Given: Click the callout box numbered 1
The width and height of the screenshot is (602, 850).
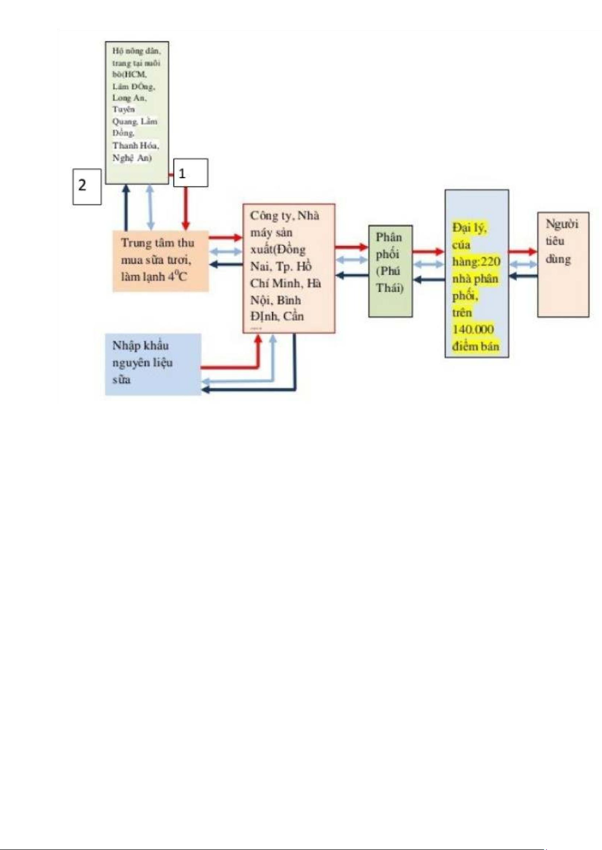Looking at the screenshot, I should point(190,173).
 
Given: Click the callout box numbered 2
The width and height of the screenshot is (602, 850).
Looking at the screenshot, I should point(87,186).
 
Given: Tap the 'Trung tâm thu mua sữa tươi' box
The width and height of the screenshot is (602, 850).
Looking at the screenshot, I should point(160,261).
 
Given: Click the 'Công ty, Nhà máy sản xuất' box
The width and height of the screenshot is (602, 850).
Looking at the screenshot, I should point(288,268).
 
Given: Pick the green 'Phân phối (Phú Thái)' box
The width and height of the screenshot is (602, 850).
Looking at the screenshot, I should point(390,271).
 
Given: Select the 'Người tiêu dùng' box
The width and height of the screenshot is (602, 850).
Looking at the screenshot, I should point(563,264).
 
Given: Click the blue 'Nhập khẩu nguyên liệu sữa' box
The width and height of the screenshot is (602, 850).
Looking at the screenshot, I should point(153,364).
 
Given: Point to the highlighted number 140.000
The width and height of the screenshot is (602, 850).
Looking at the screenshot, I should point(473,329).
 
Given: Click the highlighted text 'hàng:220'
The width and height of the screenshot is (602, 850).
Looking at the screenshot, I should point(476,262).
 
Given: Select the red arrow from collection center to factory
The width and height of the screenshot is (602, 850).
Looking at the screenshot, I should point(225,237).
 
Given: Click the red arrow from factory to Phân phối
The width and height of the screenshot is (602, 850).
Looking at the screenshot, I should point(351,247).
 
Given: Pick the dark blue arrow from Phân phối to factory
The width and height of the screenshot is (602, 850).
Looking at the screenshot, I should point(352,275).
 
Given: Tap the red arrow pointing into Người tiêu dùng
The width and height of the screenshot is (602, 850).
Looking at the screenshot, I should point(522,251).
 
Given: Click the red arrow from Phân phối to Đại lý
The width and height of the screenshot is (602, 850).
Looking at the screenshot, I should point(428,251).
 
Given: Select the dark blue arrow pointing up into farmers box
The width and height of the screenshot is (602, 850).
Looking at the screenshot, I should point(126,207).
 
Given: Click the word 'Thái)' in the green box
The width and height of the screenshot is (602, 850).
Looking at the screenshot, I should point(389,288).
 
